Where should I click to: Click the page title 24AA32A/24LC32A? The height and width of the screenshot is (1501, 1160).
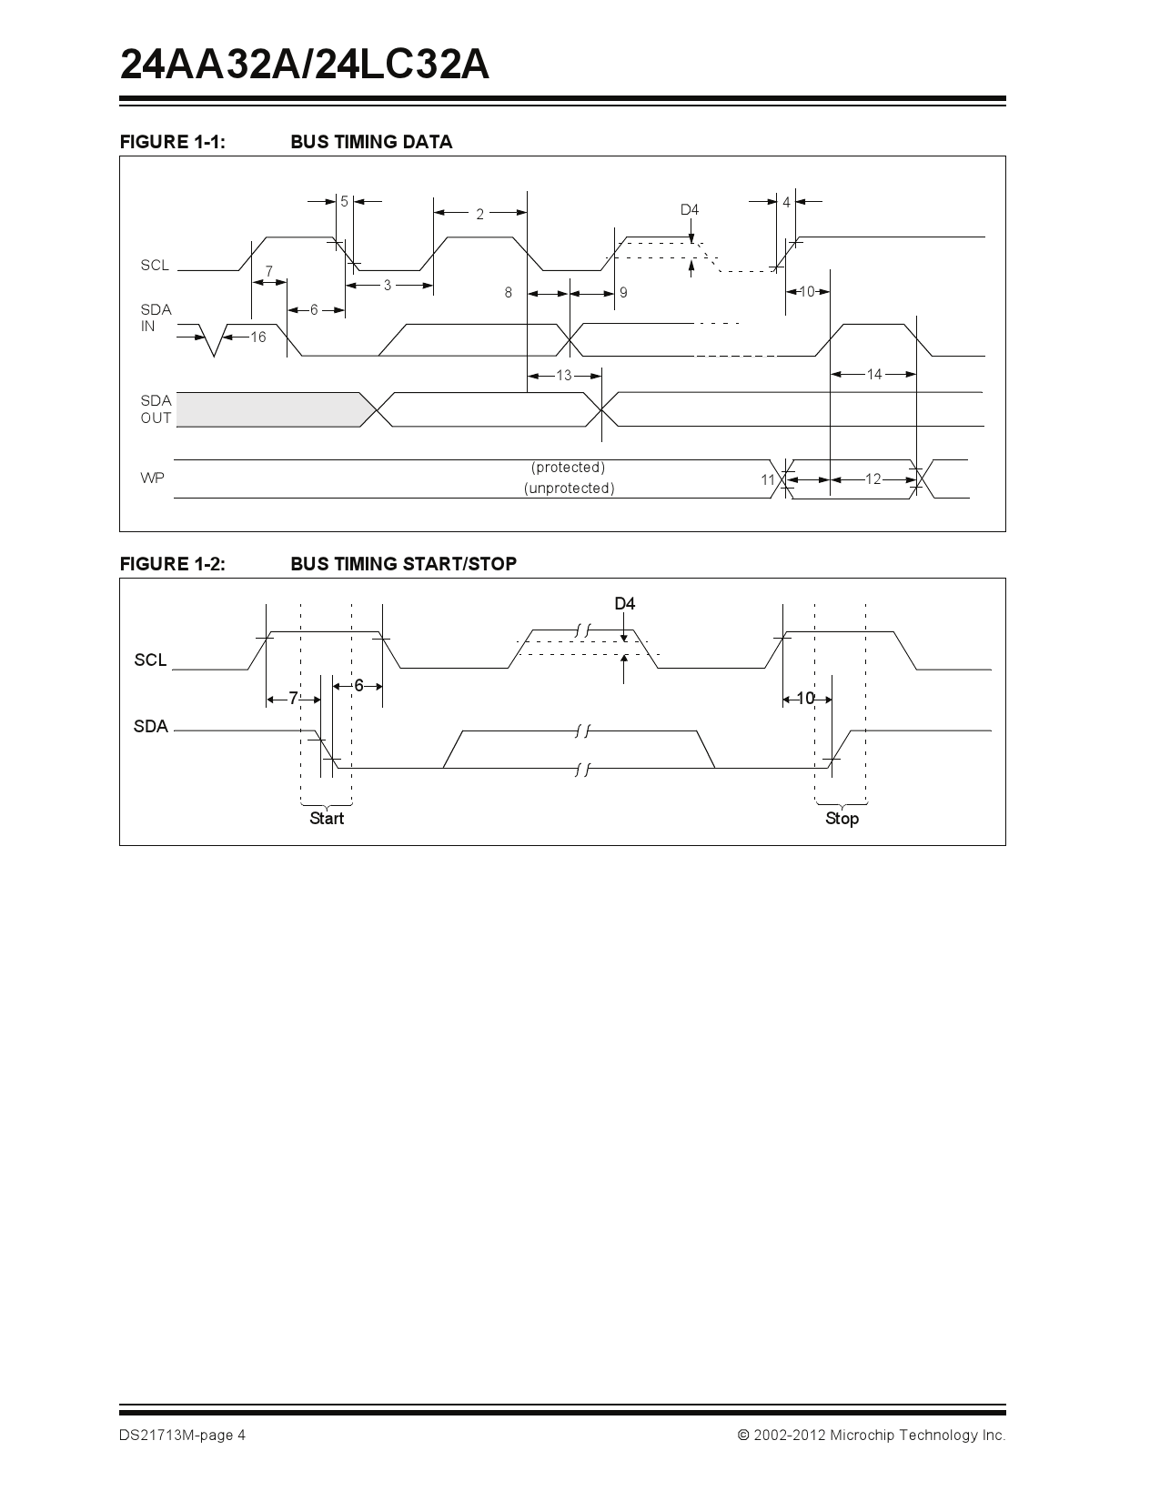(305, 65)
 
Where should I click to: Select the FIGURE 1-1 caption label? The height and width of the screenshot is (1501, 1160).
(172, 142)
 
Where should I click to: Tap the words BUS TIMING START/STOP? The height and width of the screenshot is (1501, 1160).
(403, 564)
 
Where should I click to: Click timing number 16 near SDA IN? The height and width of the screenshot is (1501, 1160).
(257, 337)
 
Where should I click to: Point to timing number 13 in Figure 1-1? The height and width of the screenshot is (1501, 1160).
(564, 375)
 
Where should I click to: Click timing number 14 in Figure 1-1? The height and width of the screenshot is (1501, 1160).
(873, 374)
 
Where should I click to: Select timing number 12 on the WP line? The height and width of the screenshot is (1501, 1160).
(873, 479)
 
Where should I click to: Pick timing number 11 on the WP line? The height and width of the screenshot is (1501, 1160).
(768, 480)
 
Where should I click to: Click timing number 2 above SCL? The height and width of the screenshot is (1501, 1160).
(479, 215)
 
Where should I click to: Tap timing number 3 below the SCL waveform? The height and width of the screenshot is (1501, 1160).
(387, 286)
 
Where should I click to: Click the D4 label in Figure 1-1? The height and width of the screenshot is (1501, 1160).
(690, 210)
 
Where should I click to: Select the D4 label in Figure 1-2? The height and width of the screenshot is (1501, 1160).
(624, 604)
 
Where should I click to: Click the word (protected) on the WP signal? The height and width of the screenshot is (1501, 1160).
(568, 468)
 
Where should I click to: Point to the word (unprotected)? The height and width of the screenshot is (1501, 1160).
(569, 489)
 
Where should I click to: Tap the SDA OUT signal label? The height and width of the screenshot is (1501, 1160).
(156, 409)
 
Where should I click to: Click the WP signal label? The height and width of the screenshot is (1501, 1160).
(152, 479)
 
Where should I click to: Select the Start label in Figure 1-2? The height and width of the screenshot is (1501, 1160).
(327, 819)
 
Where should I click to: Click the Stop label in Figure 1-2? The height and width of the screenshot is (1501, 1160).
(842, 819)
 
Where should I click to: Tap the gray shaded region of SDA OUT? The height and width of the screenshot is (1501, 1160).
(268, 409)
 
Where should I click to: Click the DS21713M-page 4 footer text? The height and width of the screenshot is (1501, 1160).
(182, 1436)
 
